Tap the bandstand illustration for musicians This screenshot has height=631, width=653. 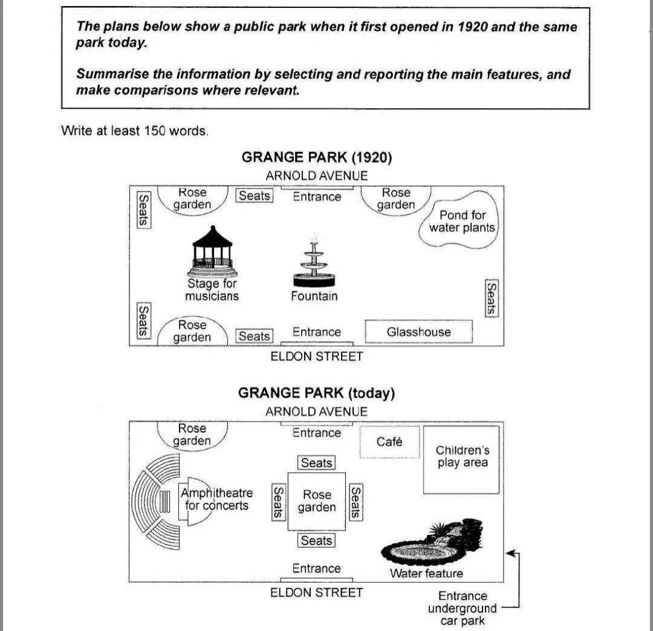(x=212, y=251)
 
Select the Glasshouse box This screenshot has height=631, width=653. (x=418, y=331)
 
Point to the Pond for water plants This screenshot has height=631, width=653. (x=458, y=219)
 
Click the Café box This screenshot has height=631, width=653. (x=389, y=442)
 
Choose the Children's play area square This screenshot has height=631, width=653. (x=461, y=459)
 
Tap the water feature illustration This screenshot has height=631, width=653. (x=432, y=542)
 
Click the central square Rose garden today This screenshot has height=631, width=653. (x=316, y=502)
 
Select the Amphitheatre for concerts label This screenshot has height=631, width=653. (x=216, y=499)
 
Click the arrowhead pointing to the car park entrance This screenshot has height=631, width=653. (x=510, y=553)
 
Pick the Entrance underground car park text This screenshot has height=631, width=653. (x=463, y=608)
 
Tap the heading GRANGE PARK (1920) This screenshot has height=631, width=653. (x=316, y=157)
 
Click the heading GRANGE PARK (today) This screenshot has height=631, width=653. (x=316, y=393)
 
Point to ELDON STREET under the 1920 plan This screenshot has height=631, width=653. (x=316, y=356)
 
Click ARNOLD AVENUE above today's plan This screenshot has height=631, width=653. (x=316, y=411)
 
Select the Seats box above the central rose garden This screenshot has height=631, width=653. (x=316, y=462)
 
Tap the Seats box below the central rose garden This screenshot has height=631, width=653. (x=316, y=540)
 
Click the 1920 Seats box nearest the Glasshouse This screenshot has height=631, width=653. (x=492, y=298)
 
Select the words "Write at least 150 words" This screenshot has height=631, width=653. (x=134, y=131)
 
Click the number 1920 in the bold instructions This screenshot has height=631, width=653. (x=472, y=27)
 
